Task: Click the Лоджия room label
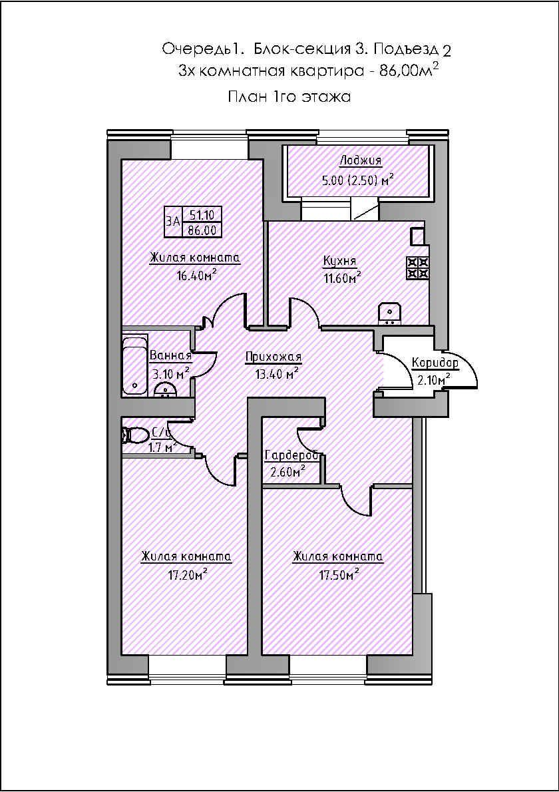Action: [x=360, y=160]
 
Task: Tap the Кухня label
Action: [x=339, y=261]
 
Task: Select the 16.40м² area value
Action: [x=194, y=276]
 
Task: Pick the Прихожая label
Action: [x=274, y=357]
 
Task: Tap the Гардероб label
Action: [x=292, y=456]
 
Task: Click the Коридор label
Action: [x=435, y=363]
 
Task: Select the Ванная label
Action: [x=170, y=355]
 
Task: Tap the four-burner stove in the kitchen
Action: [x=418, y=268]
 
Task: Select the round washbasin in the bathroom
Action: [x=164, y=391]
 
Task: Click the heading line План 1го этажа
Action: [x=289, y=97]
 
